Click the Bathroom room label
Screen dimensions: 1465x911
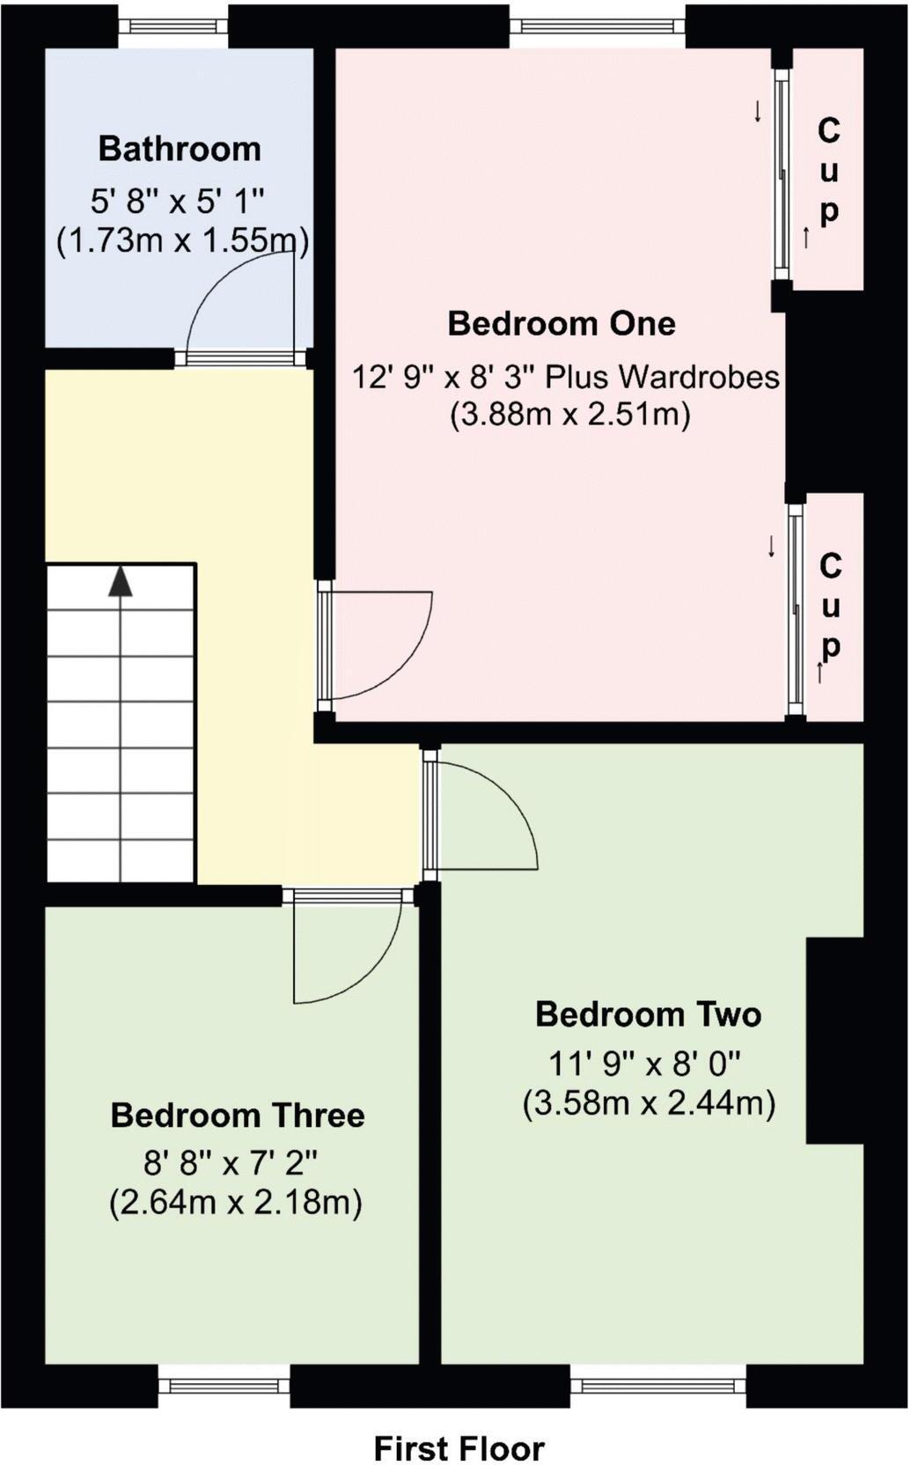tap(180, 149)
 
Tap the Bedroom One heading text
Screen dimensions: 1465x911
tap(562, 323)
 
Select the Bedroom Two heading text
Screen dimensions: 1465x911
tap(648, 1014)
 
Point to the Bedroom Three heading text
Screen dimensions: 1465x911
tap(238, 1115)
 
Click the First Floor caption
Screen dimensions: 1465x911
tap(459, 1424)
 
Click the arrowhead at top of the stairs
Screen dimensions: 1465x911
tap(121, 583)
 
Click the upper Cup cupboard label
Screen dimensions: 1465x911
tap(828, 171)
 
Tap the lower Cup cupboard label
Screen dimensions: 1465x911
tap(830, 607)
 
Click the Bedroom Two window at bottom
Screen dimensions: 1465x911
tap(658, 1387)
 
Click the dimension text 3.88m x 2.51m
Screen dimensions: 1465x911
tap(570, 413)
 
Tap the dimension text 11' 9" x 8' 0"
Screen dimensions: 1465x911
tap(645, 1064)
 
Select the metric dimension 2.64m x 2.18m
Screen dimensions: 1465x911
tap(236, 1202)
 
